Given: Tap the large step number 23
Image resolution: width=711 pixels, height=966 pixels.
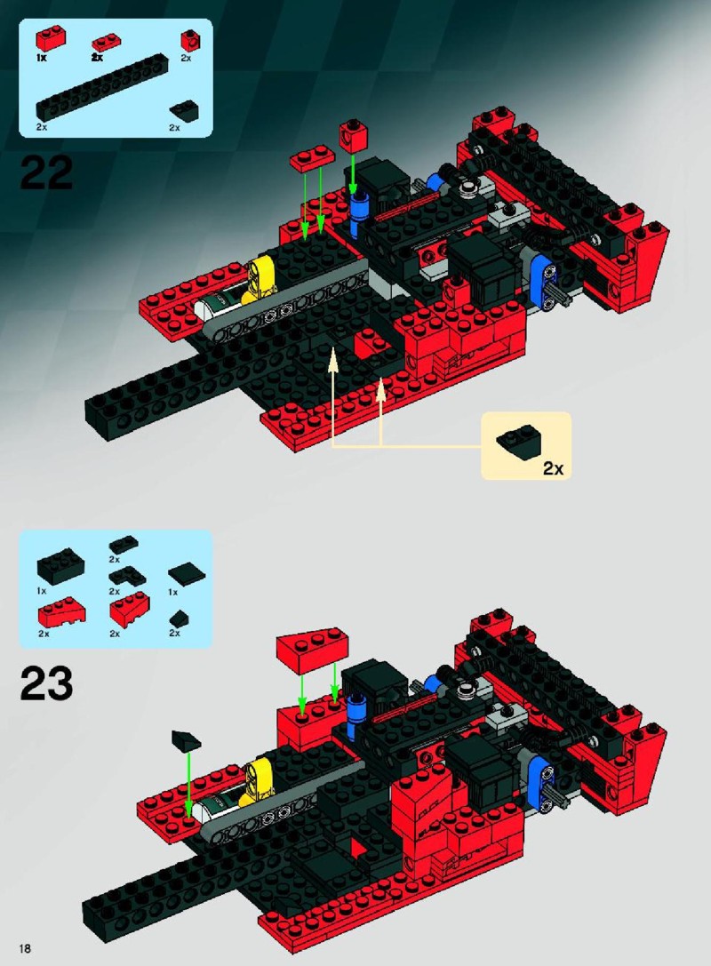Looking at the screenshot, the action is [x=46, y=683].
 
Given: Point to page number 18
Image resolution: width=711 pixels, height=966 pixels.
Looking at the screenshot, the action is [x=25, y=947].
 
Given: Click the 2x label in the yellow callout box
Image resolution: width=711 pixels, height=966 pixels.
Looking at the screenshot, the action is [x=553, y=469].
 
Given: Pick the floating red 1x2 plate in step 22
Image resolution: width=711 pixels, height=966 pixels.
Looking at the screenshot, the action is [x=312, y=158].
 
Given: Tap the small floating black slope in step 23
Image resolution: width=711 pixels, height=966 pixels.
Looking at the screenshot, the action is [x=186, y=740].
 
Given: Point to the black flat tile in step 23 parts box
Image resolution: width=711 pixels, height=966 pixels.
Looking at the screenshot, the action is [x=187, y=574].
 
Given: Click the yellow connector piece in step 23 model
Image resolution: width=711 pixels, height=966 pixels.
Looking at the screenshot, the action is [x=255, y=781].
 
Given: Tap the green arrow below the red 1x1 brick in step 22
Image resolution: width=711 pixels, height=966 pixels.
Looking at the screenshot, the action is [x=353, y=173].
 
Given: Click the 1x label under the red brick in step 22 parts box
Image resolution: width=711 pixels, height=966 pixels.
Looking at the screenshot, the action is [x=41, y=57].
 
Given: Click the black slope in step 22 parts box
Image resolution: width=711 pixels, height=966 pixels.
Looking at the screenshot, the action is [x=184, y=110].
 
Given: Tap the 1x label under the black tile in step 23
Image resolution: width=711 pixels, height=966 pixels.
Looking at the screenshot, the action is [x=173, y=592].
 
